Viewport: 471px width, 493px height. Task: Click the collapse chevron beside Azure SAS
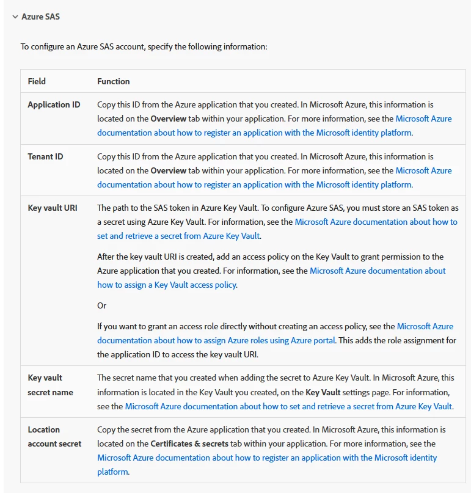click(x=15, y=17)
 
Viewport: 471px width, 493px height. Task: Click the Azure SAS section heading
click(x=41, y=17)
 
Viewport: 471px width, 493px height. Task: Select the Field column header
click(x=37, y=81)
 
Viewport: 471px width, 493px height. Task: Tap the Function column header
click(x=114, y=81)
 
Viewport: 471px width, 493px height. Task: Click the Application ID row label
click(x=54, y=104)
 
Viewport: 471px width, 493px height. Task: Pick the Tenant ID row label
click(x=45, y=156)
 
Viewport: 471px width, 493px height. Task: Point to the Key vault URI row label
click(x=52, y=208)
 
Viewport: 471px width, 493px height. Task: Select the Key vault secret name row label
click(x=50, y=385)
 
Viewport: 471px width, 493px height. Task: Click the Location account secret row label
click(x=54, y=437)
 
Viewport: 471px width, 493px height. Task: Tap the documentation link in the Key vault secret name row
click(x=288, y=406)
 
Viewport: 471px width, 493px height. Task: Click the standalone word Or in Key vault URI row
click(x=102, y=305)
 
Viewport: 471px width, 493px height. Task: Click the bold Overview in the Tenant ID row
click(x=169, y=170)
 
